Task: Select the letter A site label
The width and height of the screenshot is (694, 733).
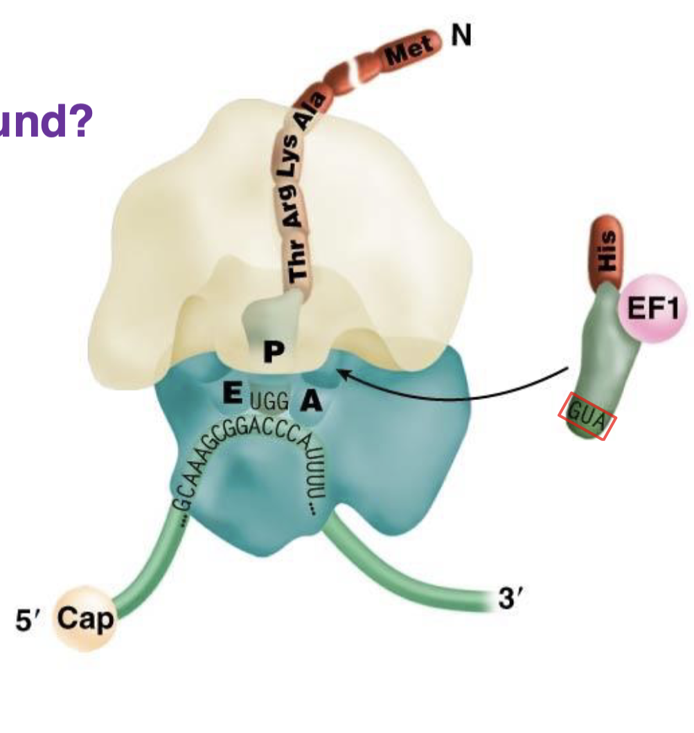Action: pos(310,401)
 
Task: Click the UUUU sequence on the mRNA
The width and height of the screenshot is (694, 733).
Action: pos(313,478)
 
